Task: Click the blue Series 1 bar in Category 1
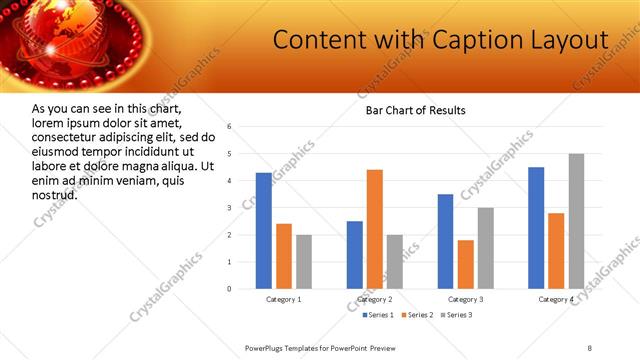click(x=263, y=231)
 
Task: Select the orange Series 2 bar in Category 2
click(x=375, y=229)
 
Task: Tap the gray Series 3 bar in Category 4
click(x=576, y=221)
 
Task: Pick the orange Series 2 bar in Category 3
click(x=465, y=264)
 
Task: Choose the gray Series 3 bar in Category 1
click(x=303, y=262)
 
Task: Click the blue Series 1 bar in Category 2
click(x=355, y=255)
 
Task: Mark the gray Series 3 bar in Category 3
click(x=485, y=248)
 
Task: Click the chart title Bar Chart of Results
click(x=415, y=110)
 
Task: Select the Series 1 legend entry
click(x=376, y=315)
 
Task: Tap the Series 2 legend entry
click(x=416, y=315)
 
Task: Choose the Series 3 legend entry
click(x=455, y=315)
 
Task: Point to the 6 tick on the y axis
click(x=230, y=127)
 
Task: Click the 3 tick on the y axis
click(x=230, y=208)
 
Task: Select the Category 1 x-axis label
click(x=283, y=299)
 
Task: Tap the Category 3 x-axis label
click(x=465, y=299)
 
